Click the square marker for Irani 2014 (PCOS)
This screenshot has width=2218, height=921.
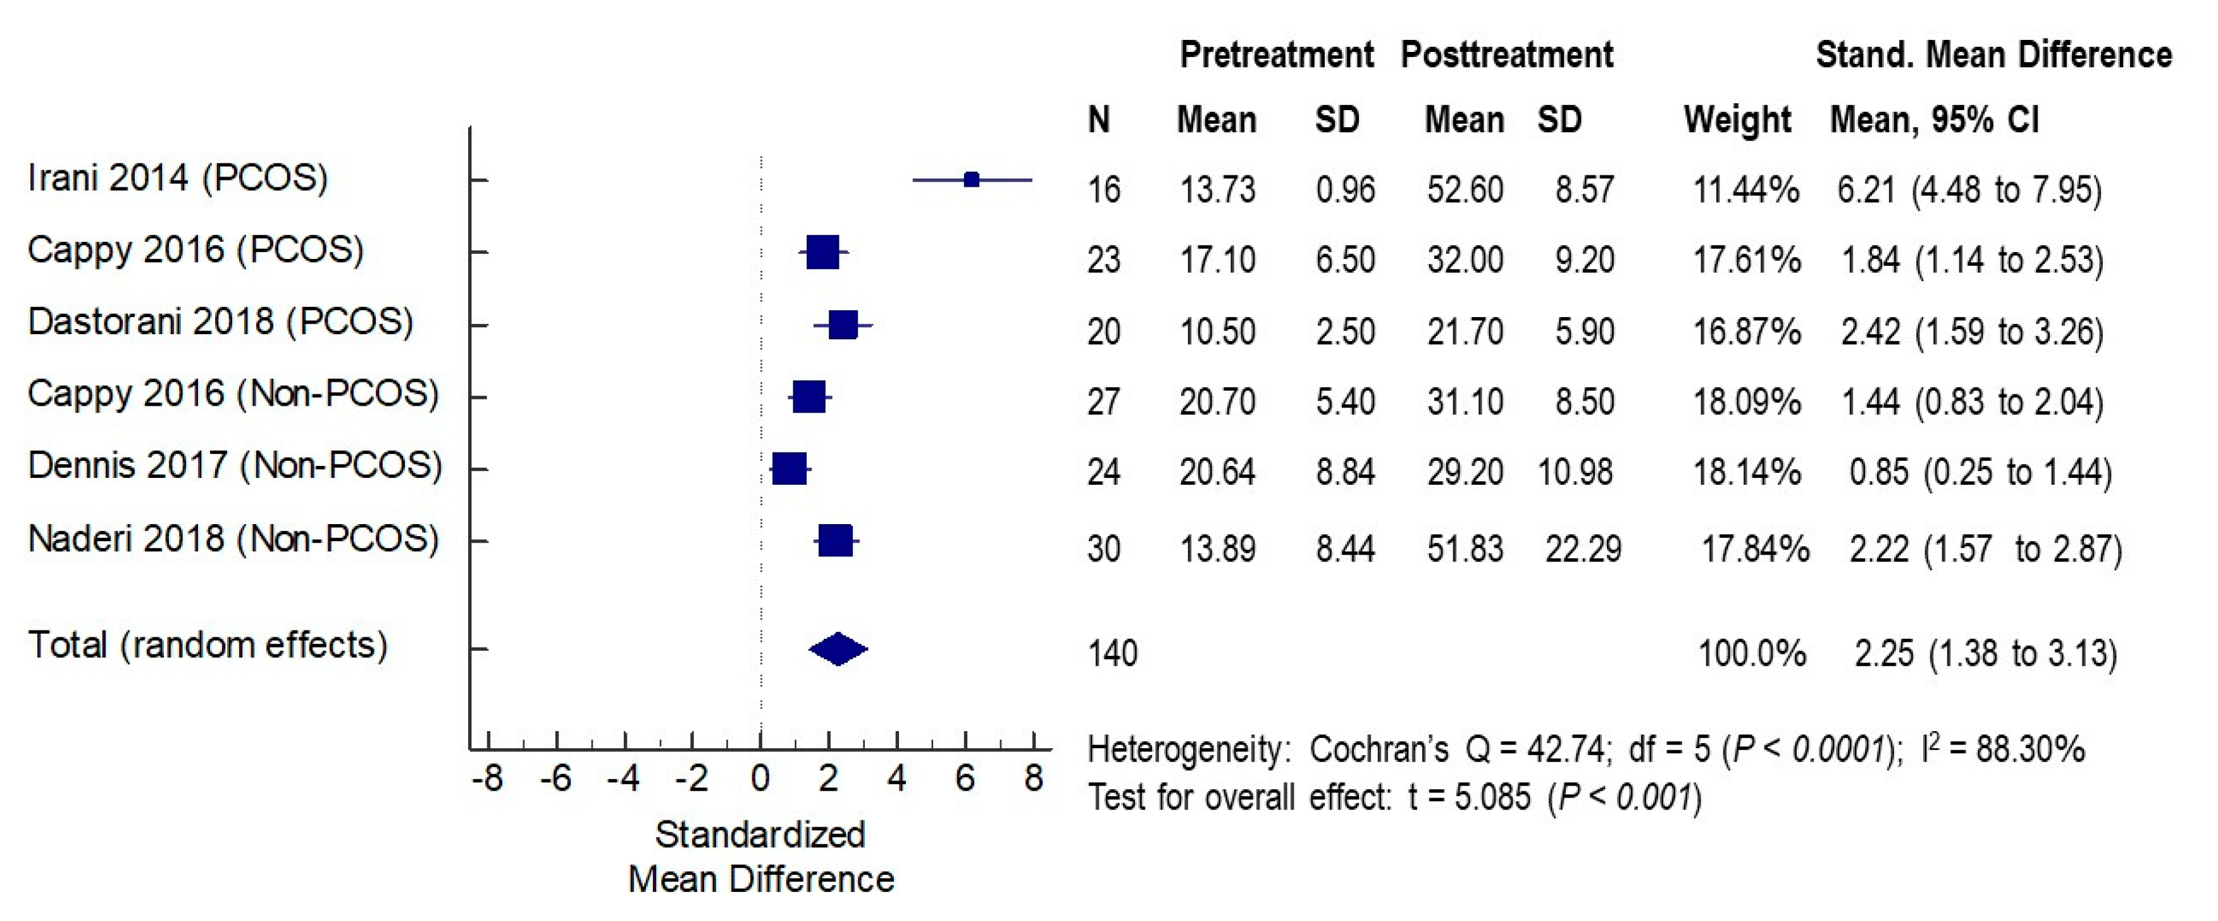tap(971, 180)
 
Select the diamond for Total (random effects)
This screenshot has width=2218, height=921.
tap(838, 649)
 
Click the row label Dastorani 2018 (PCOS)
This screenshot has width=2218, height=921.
tap(220, 322)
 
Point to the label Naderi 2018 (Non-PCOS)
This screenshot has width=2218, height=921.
tap(233, 539)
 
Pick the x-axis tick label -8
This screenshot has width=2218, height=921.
tap(487, 779)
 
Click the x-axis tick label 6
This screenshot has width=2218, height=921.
tap(965, 779)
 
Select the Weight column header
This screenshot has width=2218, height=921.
tap(1737, 119)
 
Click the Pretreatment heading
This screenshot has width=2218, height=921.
tap(1276, 55)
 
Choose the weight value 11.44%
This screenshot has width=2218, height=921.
tap(1745, 189)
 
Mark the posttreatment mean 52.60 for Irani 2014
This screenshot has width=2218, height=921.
tap(1465, 189)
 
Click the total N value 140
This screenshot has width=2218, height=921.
tap(1112, 653)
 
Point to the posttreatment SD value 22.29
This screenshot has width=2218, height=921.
tap(1583, 549)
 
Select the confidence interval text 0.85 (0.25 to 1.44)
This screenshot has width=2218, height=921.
tap(1979, 472)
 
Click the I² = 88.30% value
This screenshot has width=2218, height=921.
tap(2003, 749)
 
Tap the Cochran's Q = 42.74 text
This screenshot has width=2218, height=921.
tap(1457, 749)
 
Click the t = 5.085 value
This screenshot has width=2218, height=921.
tap(1469, 797)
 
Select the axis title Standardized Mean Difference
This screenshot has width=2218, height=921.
tap(761, 856)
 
